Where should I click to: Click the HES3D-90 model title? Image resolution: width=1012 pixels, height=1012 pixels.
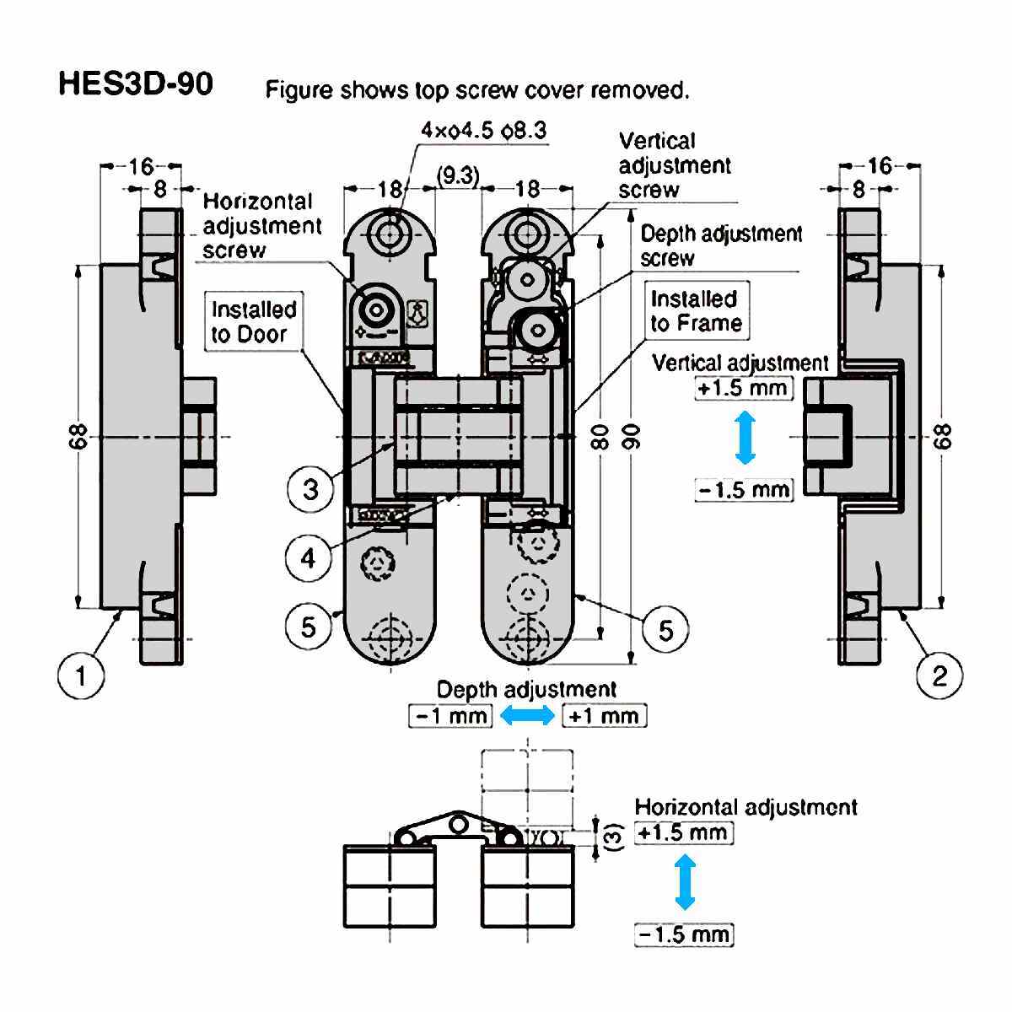click(x=135, y=84)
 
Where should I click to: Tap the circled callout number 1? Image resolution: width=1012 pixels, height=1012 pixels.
click(x=81, y=675)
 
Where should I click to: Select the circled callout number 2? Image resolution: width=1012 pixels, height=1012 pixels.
click(x=939, y=675)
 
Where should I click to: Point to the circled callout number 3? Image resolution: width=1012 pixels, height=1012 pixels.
click(x=311, y=489)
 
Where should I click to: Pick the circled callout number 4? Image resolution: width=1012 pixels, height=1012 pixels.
click(x=310, y=557)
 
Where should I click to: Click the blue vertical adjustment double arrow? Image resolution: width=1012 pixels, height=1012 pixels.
click(x=743, y=438)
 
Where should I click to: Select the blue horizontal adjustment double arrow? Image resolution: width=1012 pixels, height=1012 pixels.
click(x=685, y=882)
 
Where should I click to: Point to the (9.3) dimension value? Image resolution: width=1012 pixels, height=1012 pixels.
click(x=458, y=175)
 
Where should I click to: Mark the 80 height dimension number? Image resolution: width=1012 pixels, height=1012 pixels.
click(x=600, y=436)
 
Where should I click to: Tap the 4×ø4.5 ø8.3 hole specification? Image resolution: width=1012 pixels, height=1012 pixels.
click(x=483, y=131)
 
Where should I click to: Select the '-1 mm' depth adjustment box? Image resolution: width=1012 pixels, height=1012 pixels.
click(x=449, y=716)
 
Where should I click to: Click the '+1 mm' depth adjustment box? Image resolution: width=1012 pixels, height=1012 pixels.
click(x=604, y=716)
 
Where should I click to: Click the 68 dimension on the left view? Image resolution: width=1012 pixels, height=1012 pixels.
click(x=78, y=436)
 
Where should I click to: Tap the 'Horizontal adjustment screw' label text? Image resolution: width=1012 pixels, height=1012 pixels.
click(x=262, y=225)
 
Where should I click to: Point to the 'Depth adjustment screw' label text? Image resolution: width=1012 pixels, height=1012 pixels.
click(x=721, y=245)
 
